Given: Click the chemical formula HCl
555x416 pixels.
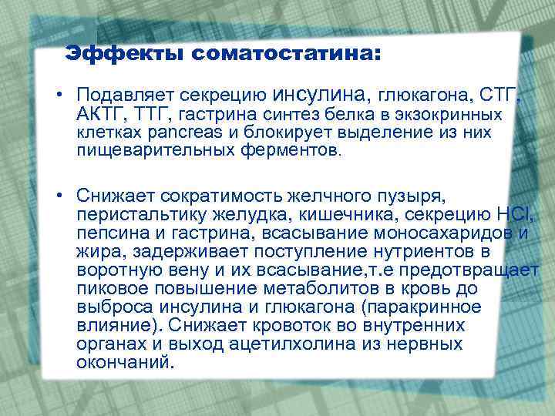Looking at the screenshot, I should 512,212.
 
